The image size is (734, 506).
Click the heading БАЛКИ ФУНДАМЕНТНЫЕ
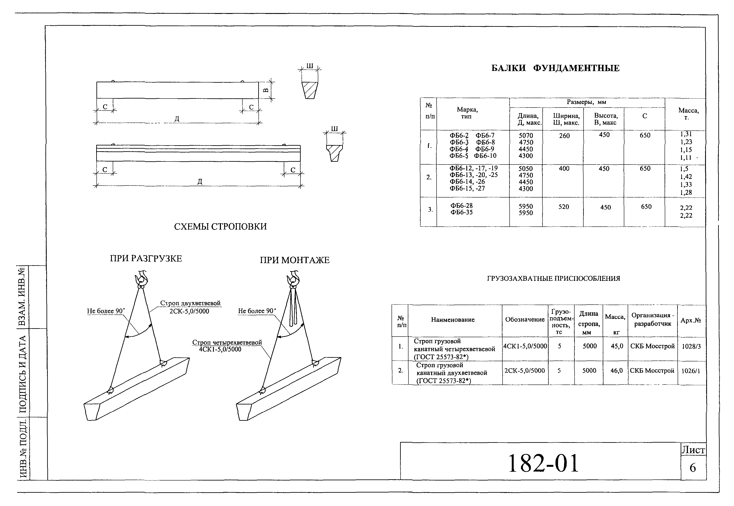click(x=555, y=68)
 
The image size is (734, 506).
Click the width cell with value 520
click(x=564, y=207)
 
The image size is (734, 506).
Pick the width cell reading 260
click(x=564, y=136)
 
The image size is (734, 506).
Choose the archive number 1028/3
click(x=691, y=346)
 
